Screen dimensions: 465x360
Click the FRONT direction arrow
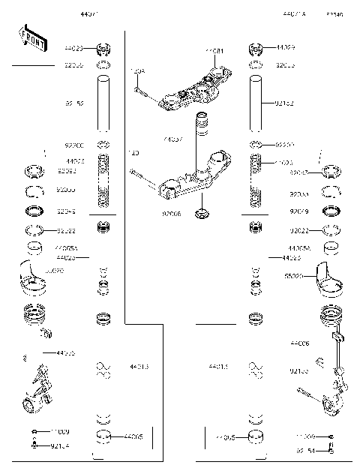click(31, 37)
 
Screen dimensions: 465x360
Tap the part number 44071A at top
click(294, 14)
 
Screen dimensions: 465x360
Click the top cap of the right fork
click(256, 51)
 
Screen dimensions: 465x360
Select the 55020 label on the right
click(294, 276)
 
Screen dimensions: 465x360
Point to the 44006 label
click(300, 343)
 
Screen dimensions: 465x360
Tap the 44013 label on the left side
click(139, 367)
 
